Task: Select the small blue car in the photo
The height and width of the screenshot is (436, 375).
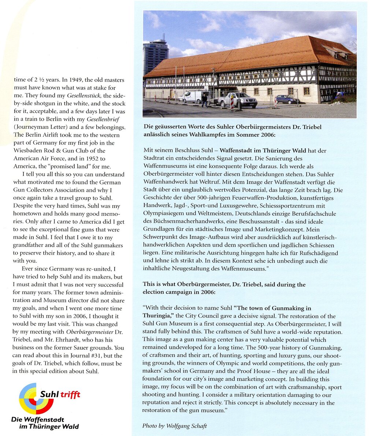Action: pos(287,99)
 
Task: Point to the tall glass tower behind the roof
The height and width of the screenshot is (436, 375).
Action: pos(155,56)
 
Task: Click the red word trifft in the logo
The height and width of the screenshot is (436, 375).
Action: pos(70,394)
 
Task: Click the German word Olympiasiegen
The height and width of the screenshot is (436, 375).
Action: pos(161,214)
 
